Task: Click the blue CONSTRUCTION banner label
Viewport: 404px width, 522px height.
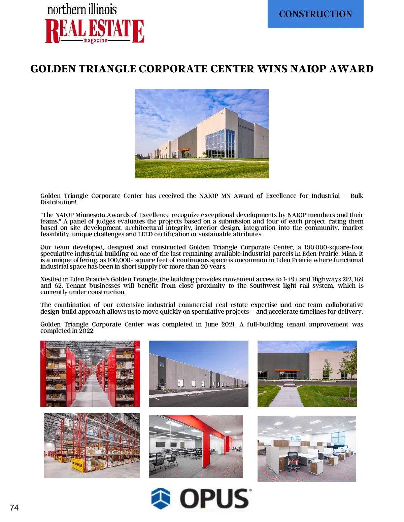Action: [x=315, y=14]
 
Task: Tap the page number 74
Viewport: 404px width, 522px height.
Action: [x=14, y=508]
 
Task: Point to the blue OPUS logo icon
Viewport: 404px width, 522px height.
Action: [x=161, y=498]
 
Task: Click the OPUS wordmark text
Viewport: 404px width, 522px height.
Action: [x=215, y=498]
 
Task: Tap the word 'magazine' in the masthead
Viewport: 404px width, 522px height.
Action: [x=95, y=40]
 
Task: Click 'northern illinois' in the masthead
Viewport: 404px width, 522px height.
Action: [x=82, y=9]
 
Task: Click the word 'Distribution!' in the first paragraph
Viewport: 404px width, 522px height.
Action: [x=58, y=202]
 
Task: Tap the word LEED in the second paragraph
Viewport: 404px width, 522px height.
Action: [x=145, y=234]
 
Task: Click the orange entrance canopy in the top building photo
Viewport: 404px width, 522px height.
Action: [x=184, y=150]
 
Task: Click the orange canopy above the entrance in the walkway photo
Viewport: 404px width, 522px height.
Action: [x=288, y=370]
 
